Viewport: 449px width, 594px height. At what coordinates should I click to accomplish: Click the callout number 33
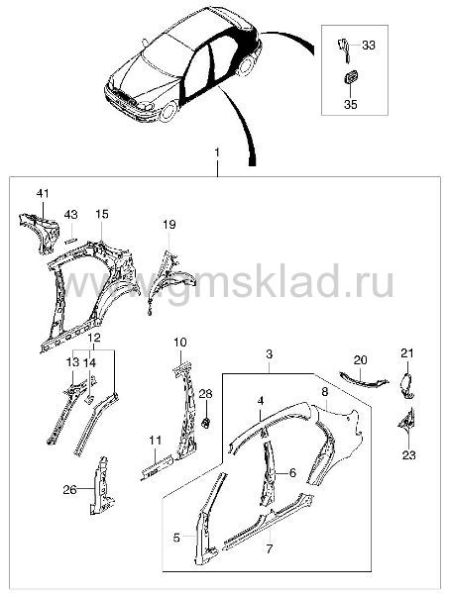[x=369, y=46]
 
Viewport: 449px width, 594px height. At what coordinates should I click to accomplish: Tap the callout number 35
[x=351, y=104]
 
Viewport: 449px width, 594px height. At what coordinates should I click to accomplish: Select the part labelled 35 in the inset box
[x=350, y=77]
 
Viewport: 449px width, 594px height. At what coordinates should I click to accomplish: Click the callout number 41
[x=43, y=194]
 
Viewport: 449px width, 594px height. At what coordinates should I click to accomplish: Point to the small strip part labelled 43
[x=71, y=240]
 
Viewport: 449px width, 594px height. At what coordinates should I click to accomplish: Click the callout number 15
[x=102, y=215]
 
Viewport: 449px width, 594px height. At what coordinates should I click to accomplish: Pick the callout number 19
[x=169, y=225]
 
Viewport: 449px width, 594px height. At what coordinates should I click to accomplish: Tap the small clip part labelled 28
[x=206, y=422]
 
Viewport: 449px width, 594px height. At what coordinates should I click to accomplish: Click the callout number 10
[x=180, y=343]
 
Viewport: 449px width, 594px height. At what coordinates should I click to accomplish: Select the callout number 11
[x=155, y=441]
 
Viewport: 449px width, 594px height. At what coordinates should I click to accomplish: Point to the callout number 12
[x=94, y=338]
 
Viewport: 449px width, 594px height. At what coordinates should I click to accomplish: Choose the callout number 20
[x=360, y=360]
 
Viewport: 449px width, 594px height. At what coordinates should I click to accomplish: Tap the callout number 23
[x=408, y=454]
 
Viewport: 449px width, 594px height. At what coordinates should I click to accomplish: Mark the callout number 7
[x=270, y=548]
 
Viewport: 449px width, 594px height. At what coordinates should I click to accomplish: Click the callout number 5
[x=176, y=538]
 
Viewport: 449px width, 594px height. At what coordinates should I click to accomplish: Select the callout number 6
[x=292, y=473]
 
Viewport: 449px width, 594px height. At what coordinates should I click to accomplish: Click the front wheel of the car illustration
[x=168, y=111]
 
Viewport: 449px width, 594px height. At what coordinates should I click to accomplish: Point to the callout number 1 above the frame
[x=217, y=152]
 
